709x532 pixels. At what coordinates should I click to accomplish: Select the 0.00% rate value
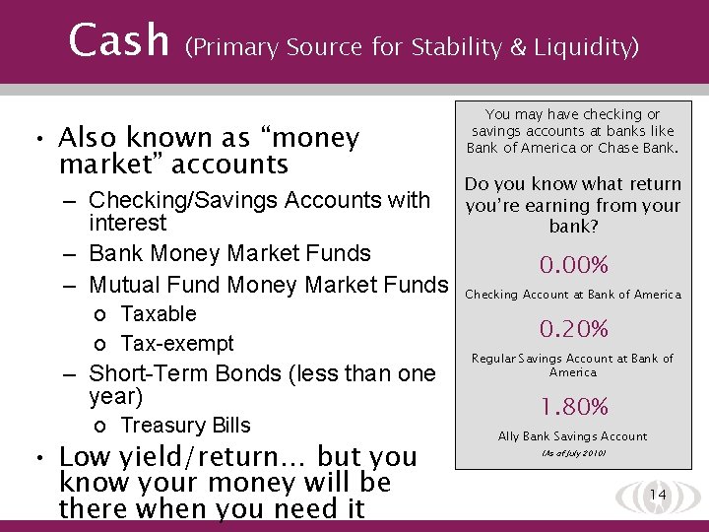click(573, 265)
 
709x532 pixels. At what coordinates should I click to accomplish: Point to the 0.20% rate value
click(573, 328)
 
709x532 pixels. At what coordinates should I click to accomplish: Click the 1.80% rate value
click(573, 407)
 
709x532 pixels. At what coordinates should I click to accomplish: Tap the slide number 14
click(659, 494)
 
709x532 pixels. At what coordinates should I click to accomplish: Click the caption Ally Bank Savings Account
click(572, 436)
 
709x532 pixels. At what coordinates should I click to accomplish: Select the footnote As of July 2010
click(572, 453)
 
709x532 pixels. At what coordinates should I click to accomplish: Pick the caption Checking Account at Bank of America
click(572, 295)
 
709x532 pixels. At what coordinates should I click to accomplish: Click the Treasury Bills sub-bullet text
click(185, 426)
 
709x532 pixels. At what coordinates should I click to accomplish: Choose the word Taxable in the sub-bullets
click(159, 314)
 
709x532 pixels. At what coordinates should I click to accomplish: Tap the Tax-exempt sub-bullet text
click(177, 344)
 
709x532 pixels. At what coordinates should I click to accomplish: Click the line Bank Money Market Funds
click(229, 253)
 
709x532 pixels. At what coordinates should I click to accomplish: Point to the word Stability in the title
click(455, 46)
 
